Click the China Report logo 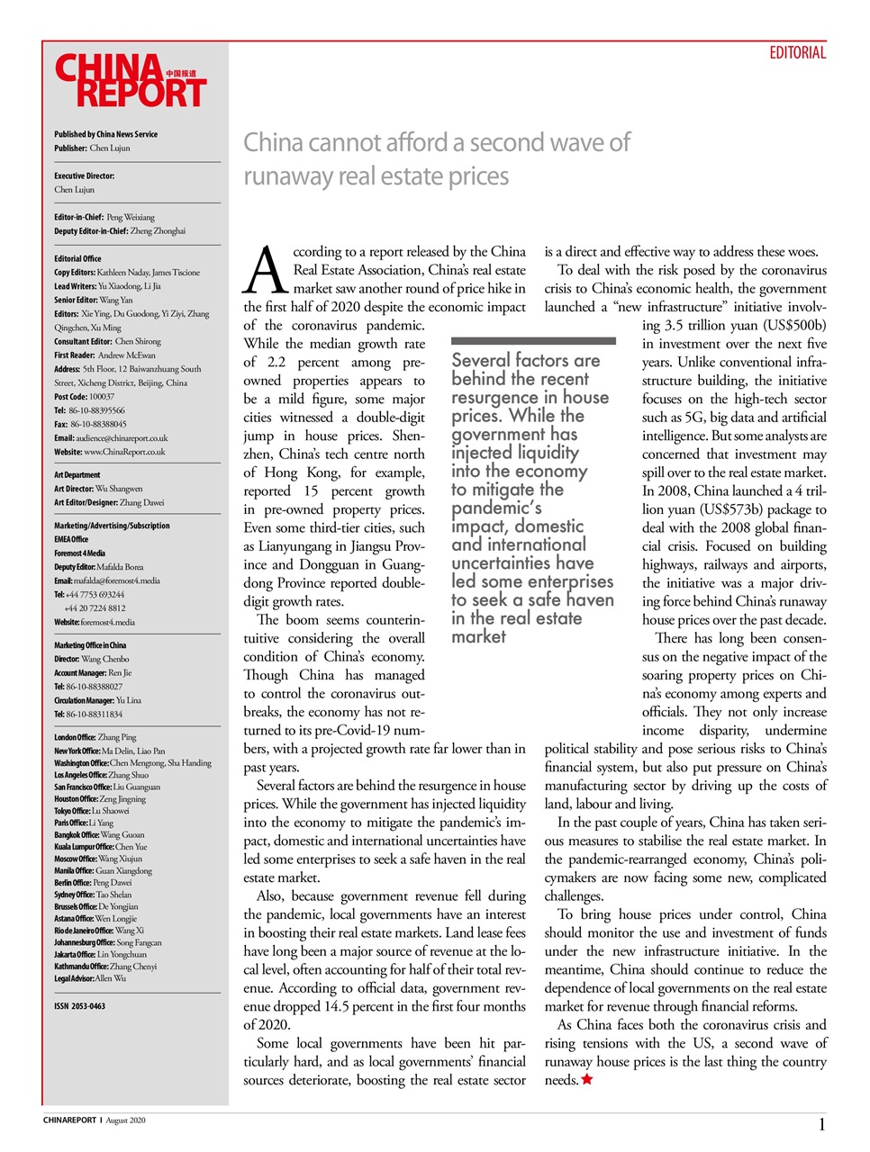131,81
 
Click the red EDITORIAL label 797,53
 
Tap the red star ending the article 587,1079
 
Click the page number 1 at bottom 821,1124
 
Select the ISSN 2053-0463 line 79,1006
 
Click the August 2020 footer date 125,1120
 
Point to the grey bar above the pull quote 533,341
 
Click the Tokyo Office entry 91,811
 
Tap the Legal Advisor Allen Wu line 90,978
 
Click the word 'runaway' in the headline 288,176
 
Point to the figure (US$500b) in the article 793,326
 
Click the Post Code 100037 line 84,397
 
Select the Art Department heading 77,475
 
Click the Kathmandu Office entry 104,967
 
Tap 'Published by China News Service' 105,134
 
